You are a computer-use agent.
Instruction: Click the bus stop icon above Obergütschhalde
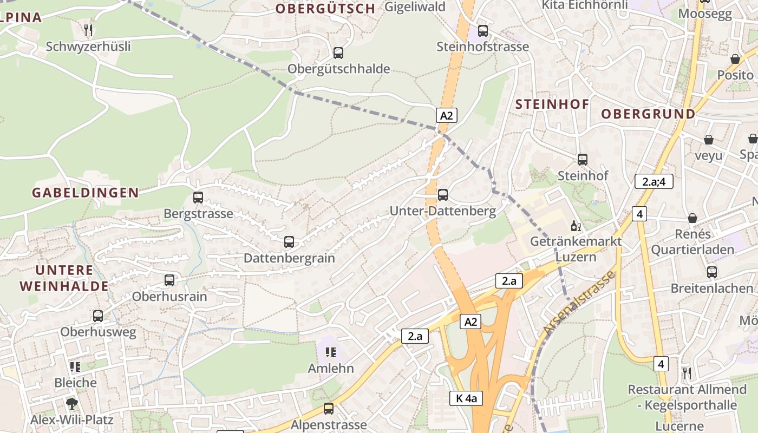(x=338, y=53)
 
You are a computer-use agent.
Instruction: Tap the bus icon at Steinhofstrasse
(x=482, y=31)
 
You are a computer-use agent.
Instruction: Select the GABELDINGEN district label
(x=86, y=193)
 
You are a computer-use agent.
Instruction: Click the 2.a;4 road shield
(x=654, y=182)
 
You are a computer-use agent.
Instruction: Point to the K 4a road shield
(x=466, y=399)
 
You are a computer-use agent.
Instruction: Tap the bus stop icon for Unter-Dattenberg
(x=443, y=195)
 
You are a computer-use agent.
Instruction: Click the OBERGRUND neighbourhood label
(x=648, y=114)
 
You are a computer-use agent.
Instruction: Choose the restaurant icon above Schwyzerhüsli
(x=88, y=30)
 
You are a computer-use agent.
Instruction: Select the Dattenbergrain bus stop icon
(x=289, y=242)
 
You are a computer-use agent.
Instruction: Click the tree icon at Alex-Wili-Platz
(x=71, y=404)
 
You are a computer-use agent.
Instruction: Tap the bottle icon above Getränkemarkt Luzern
(x=576, y=226)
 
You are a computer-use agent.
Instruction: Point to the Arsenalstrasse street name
(x=579, y=303)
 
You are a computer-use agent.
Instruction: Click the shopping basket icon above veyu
(x=708, y=140)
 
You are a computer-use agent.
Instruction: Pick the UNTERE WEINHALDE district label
(x=64, y=278)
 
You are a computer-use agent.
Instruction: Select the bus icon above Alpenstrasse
(x=329, y=409)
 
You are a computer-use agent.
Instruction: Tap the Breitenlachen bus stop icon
(x=712, y=272)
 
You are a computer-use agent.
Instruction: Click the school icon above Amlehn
(x=330, y=353)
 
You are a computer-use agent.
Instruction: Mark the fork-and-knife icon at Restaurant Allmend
(x=687, y=373)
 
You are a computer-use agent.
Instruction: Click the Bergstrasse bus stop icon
(x=198, y=198)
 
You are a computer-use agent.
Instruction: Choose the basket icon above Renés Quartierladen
(x=692, y=219)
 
